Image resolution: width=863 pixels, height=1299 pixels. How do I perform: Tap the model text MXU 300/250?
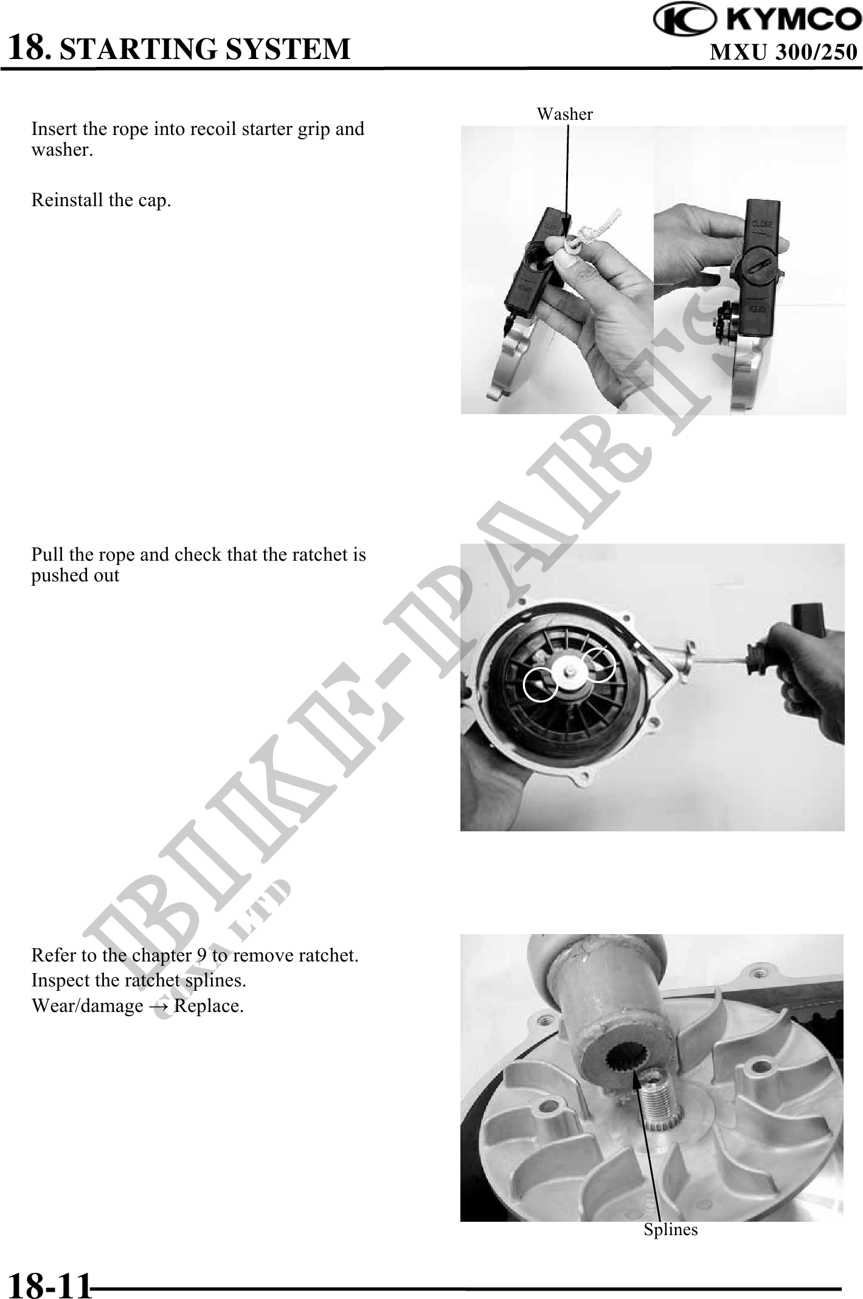pos(784,53)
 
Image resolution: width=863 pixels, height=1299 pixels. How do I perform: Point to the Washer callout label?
pos(564,114)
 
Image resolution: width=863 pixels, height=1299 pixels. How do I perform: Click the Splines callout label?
pos(671,1230)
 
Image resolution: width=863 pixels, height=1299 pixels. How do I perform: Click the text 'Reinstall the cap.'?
pos(102,200)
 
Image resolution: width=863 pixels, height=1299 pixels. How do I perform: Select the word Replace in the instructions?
pos(207,1006)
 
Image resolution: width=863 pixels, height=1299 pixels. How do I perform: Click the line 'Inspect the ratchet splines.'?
pos(139,980)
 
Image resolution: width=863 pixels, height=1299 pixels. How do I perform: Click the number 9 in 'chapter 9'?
pos(202,955)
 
